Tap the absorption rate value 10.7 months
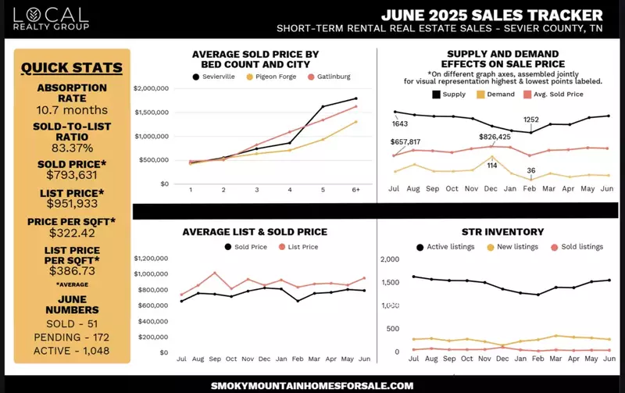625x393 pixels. tap(72, 110)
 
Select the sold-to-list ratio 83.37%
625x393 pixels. tap(72, 148)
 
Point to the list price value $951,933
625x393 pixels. tap(72, 204)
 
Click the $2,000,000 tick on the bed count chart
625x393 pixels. tap(152, 88)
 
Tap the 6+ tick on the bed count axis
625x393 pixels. tap(355, 190)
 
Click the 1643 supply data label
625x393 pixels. tap(400, 123)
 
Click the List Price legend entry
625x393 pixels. tap(298, 247)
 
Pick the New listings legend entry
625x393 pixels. tap(514, 247)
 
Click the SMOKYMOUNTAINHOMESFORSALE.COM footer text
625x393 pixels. tap(312, 385)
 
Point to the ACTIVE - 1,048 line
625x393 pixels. tap(72, 351)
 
